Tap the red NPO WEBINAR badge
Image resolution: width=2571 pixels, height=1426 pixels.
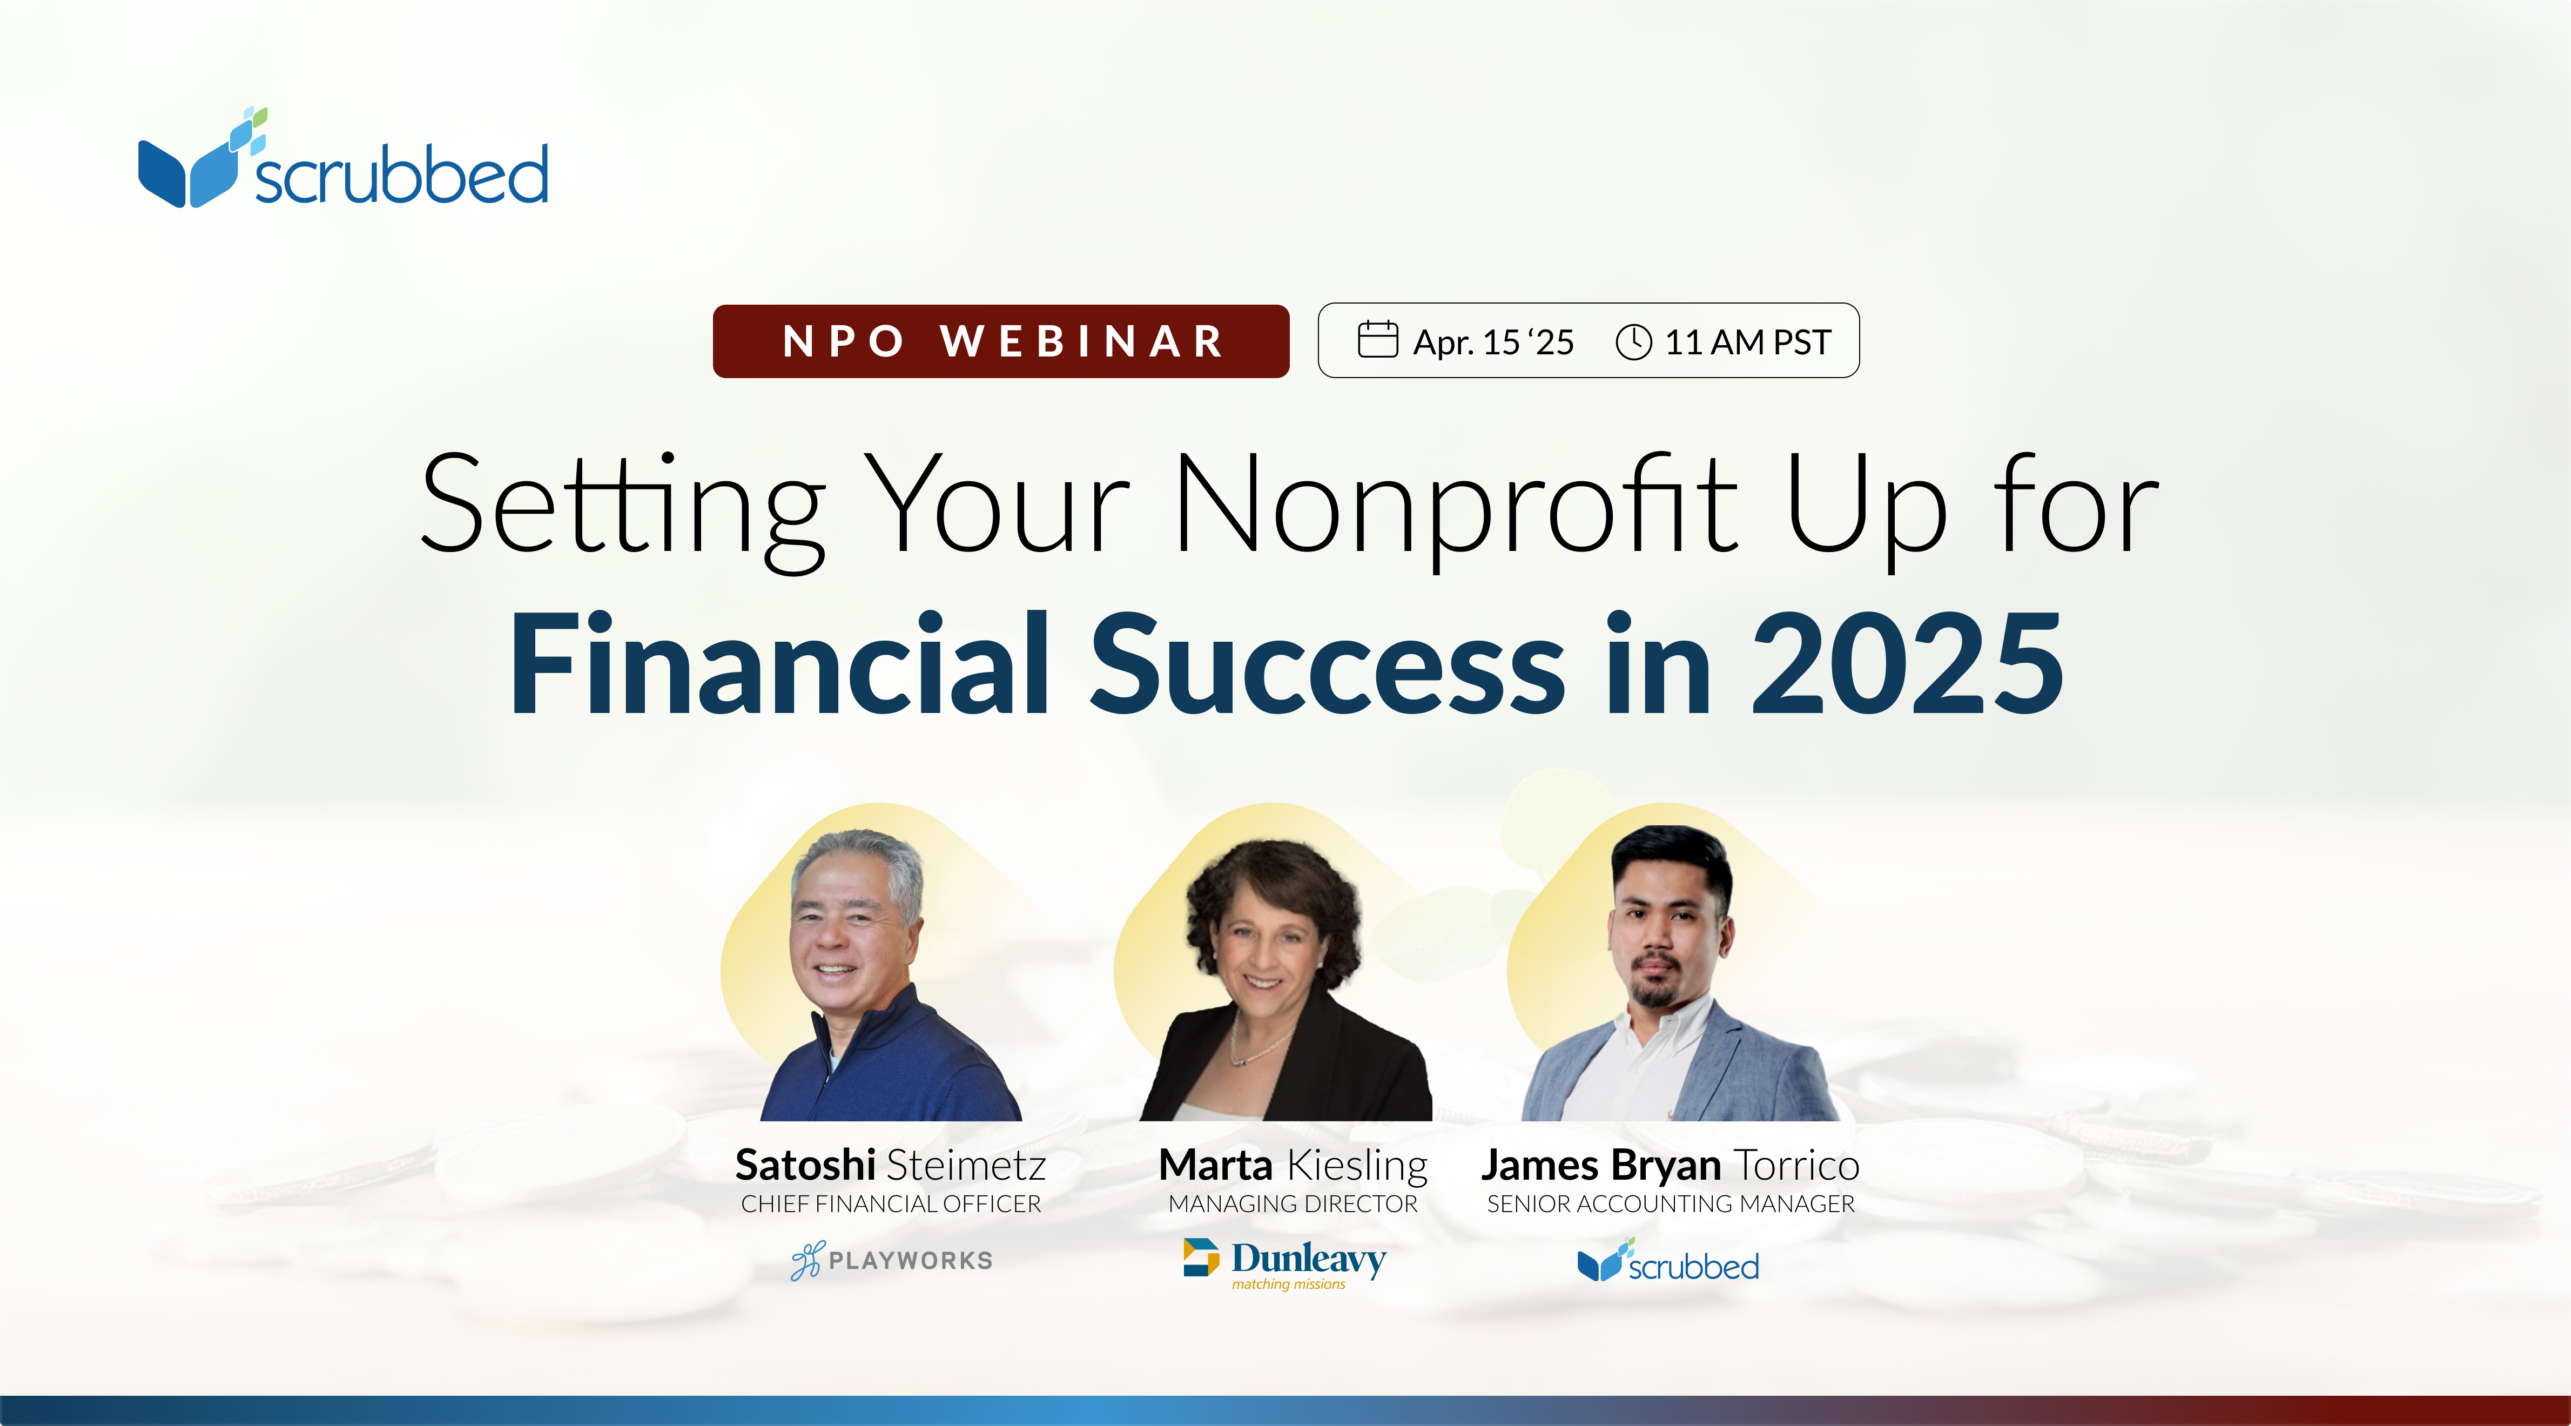pos(1001,341)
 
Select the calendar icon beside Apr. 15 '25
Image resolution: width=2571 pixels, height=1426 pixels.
pos(1377,339)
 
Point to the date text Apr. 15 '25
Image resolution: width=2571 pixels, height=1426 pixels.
pos(1493,342)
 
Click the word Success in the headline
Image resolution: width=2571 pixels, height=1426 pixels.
pos(1328,664)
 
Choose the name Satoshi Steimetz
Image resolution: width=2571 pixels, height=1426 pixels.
pos(890,1165)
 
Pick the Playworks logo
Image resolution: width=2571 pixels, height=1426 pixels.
pos(891,1260)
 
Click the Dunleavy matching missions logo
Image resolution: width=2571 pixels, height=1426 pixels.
pos(1284,1263)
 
